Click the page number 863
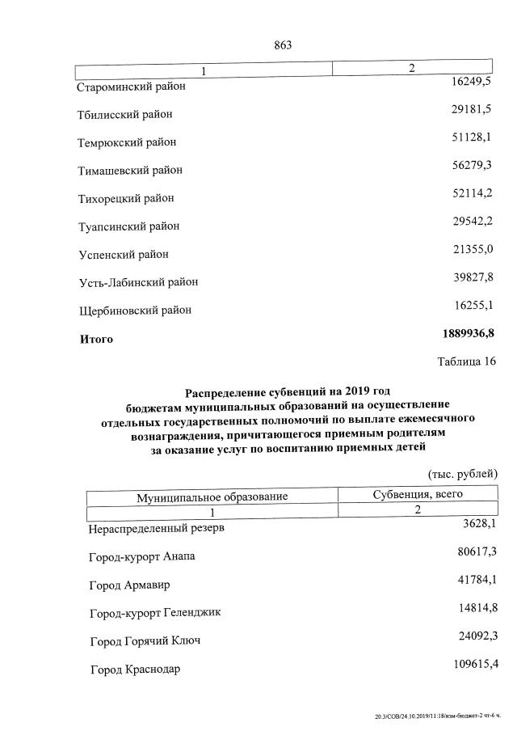283,45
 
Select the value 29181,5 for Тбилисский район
471,109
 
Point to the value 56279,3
471,165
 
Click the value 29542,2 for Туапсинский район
471,221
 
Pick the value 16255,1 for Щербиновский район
471,305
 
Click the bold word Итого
96,339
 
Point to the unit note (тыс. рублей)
463,473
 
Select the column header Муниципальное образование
212,496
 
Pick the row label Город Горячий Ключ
145,641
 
